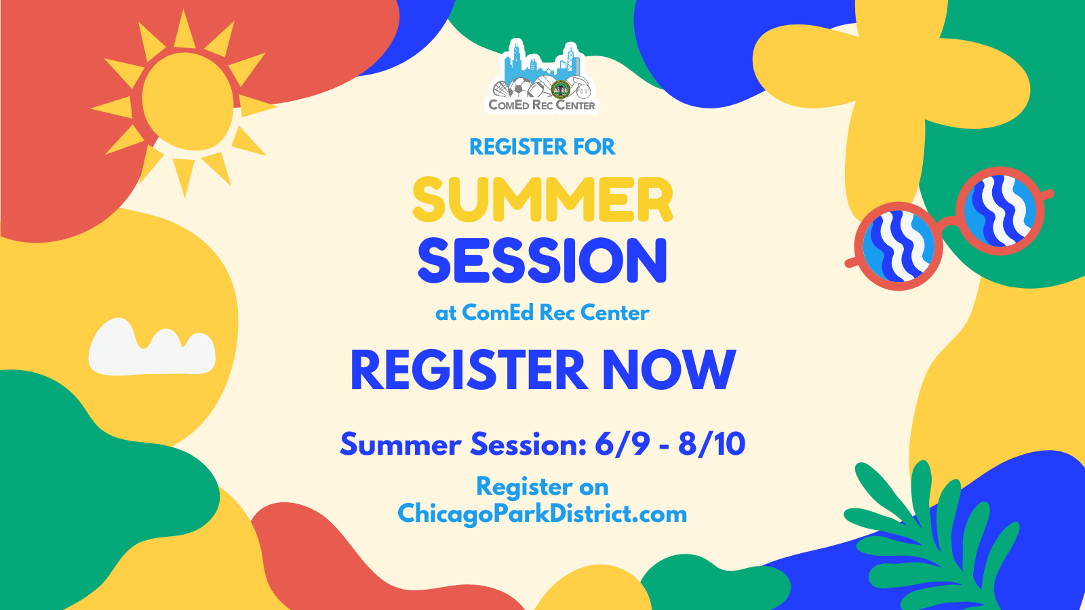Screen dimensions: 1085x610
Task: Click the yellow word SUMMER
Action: coord(542,199)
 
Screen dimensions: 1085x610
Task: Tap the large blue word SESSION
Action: coord(542,260)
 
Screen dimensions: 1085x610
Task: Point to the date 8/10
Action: coord(711,444)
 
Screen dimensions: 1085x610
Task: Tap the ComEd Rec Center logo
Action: coord(542,77)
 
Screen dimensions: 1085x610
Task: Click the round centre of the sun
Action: coord(188,102)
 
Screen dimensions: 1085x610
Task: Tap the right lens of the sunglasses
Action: coord(1000,211)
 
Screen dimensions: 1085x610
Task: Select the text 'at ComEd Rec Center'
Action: coord(542,312)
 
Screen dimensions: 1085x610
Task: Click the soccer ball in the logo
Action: coord(520,87)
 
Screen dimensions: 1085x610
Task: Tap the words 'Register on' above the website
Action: coord(542,487)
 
